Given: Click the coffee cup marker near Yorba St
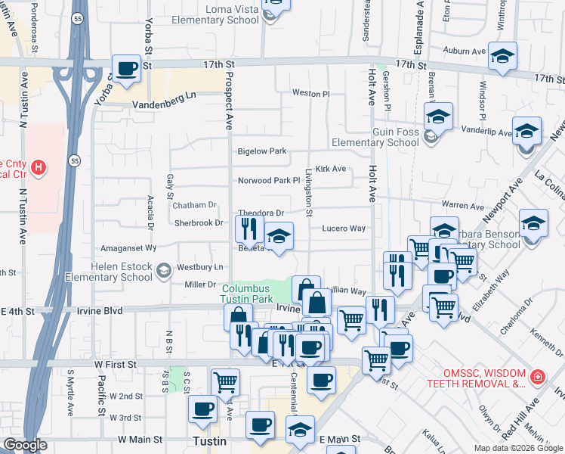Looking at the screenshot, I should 126,68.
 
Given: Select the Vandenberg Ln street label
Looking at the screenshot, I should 163,106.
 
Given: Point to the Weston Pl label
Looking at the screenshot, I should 310,94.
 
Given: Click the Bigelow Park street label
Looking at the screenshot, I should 262,151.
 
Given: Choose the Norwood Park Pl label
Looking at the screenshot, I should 269,181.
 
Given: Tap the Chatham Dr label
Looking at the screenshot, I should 194,205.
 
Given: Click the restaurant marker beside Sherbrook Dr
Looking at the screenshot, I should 249,229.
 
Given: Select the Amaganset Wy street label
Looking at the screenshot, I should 129,247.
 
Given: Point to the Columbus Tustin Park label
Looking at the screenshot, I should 246,294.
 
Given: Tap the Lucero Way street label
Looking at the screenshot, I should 344,228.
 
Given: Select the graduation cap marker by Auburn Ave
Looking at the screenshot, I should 502,57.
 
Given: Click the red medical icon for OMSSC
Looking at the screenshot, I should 537,377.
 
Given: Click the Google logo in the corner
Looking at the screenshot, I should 25,445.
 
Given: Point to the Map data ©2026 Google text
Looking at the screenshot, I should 518,448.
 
